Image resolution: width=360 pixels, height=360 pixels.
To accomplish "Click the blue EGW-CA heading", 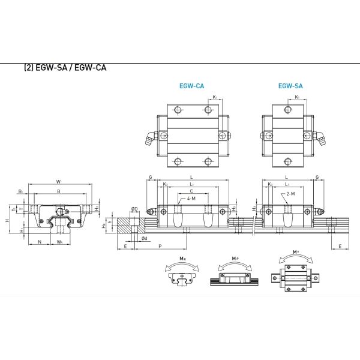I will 191,86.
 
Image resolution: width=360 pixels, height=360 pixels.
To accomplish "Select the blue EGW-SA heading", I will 290,86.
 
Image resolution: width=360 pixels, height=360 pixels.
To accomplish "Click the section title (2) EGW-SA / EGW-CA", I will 66,68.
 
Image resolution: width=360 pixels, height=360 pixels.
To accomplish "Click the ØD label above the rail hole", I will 134,209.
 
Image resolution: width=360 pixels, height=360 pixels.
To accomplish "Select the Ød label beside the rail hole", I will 145,238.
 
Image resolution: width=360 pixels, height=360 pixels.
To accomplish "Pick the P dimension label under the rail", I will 160,246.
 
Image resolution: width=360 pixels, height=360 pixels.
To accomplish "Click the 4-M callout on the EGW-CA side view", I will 190,199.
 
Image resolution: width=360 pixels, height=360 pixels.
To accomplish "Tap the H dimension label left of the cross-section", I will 7,221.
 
